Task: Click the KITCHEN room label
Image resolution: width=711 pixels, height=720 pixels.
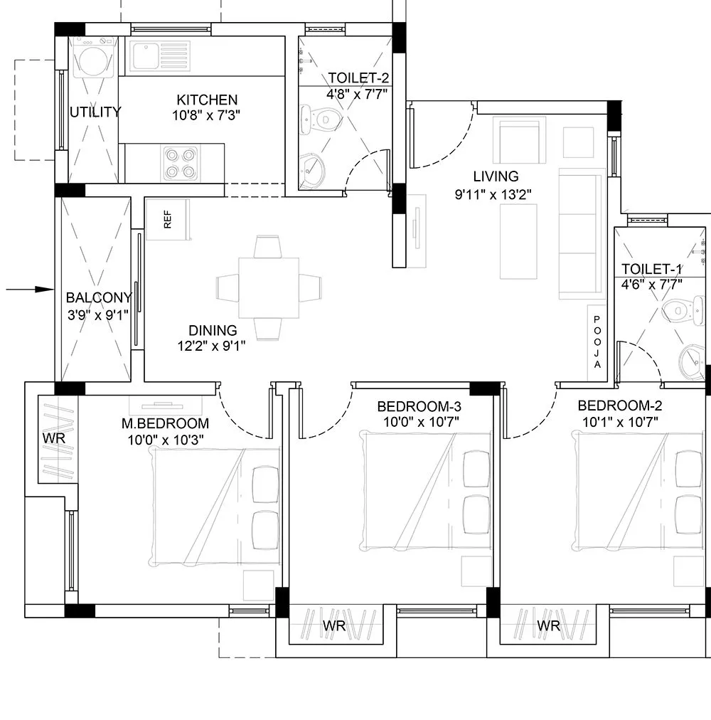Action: click(x=207, y=100)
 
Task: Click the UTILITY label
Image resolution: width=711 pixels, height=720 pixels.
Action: click(x=95, y=112)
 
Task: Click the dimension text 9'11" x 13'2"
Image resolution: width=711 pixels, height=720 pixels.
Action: click(x=493, y=193)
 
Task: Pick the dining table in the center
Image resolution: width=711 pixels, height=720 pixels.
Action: click(x=269, y=288)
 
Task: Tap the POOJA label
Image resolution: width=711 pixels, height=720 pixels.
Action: click(x=597, y=342)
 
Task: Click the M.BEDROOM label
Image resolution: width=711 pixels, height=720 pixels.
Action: click(x=164, y=424)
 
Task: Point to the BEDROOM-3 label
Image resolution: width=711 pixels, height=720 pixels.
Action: click(x=419, y=407)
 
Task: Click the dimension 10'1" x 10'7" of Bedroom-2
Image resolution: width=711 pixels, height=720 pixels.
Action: click(x=619, y=422)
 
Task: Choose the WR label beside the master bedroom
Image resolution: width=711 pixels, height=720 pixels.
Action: click(x=54, y=439)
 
